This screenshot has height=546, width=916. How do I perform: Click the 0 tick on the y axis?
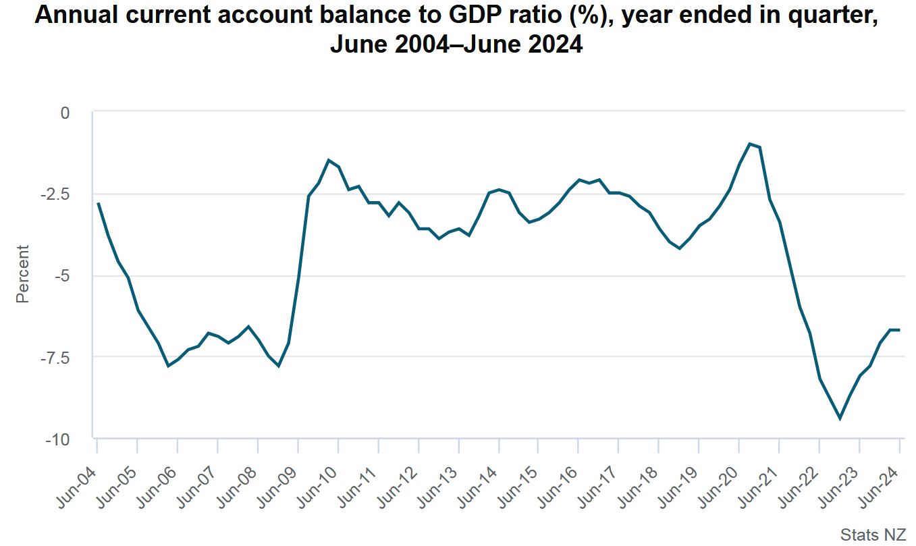tap(65, 112)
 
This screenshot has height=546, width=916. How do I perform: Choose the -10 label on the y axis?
tap(58, 439)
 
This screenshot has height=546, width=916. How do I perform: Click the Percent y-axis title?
tap(23, 273)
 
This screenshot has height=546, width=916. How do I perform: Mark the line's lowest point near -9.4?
tap(840, 418)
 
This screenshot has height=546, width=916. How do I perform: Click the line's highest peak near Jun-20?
tap(749, 144)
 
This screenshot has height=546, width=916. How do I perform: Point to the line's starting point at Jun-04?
tap(98, 203)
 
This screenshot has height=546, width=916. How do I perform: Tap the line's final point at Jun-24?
tap(899, 329)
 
